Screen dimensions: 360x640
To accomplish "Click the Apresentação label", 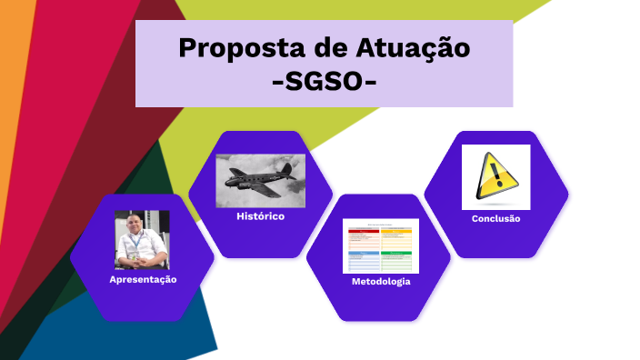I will point(143,279).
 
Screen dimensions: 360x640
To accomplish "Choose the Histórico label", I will point(260,216).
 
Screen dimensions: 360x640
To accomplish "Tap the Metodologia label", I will point(380,282).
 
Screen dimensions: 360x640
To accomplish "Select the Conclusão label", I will point(495,219).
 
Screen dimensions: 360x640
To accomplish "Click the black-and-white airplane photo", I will point(260,179).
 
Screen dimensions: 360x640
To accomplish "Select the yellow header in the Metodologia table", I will point(397,231).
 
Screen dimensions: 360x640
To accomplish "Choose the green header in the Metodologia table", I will point(397,253).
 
